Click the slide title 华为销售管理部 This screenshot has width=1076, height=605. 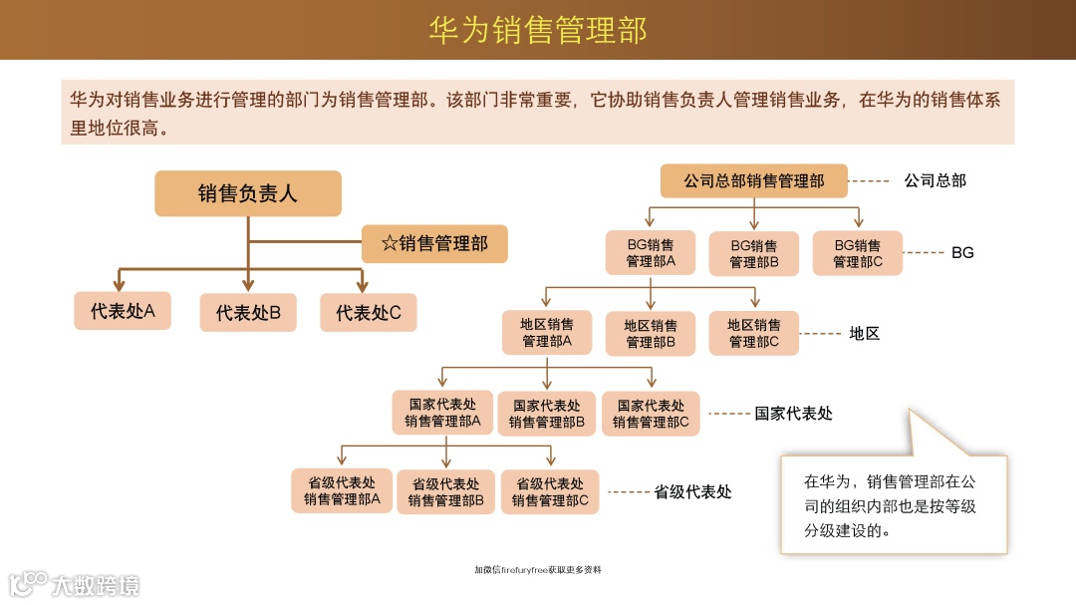click(x=538, y=30)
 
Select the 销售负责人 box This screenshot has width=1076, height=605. click(x=247, y=193)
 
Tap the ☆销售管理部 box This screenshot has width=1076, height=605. click(x=434, y=243)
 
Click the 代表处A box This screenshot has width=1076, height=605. click(x=123, y=311)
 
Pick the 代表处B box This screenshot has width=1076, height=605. click(x=248, y=313)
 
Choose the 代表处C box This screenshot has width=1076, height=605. click(x=368, y=313)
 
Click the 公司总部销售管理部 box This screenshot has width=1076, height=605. click(x=753, y=181)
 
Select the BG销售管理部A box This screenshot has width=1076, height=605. click(x=650, y=253)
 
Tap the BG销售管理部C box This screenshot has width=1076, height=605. click(x=857, y=253)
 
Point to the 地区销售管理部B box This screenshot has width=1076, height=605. click(x=650, y=333)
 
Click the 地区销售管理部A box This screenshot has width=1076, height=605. click(x=546, y=333)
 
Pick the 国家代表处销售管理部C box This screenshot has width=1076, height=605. click(x=651, y=414)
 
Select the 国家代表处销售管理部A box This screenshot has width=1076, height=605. click(x=442, y=413)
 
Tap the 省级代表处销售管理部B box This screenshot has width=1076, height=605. click(x=445, y=491)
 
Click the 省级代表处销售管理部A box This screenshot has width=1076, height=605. click(x=342, y=491)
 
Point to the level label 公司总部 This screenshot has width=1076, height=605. click(x=935, y=181)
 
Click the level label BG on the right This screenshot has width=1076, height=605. click(x=962, y=253)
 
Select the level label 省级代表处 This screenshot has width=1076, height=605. click(x=692, y=492)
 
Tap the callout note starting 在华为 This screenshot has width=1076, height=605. click(x=893, y=505)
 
